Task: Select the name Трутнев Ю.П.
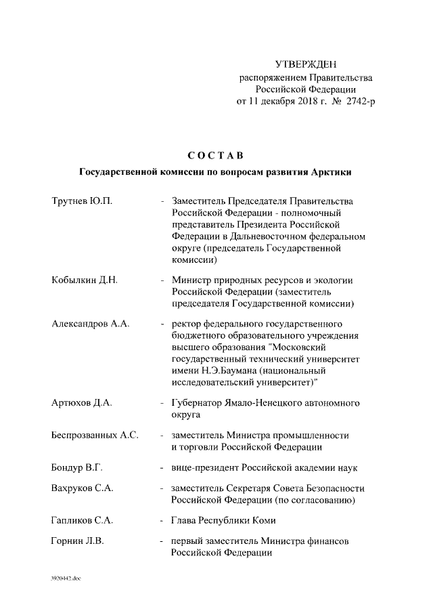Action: pos(82,201)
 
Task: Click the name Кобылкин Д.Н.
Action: pos(85,280)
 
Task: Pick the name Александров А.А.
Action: pos(90,324)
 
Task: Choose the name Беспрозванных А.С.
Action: pos(95,435)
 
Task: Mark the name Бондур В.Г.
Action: pos(76,467)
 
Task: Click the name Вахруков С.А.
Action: pos(82,488)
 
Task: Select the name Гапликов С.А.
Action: pos(82,521)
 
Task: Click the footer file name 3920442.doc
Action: pos(66,579)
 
